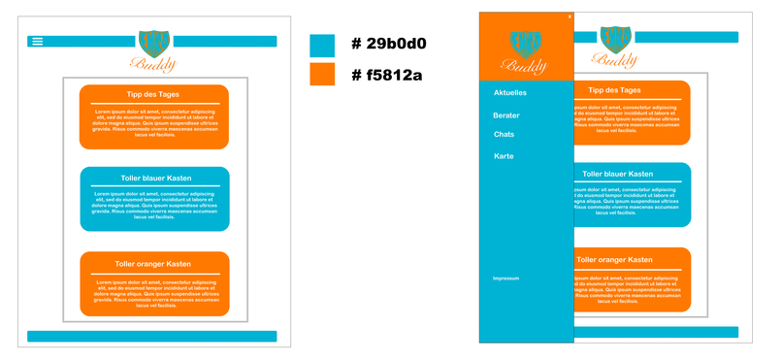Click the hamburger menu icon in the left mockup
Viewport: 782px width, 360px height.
tap(38, 41)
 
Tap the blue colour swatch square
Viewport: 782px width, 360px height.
tap(322, 46)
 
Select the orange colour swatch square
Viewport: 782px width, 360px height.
tap(322, 75)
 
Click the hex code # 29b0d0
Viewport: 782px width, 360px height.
tap(389, 45)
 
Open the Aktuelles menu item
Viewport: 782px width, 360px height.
tap(510, 93)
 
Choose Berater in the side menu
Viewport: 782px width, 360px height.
tap(506, 115)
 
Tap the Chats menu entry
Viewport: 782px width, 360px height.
tap(505, 134)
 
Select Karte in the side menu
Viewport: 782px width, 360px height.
tap(504, 156)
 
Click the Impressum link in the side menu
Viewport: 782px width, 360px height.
tap(506, 278)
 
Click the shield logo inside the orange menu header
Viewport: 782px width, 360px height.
tap(525, 43)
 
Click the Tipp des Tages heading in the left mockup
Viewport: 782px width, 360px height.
tap(153, 94)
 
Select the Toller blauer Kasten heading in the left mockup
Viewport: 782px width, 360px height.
tap(154, 178)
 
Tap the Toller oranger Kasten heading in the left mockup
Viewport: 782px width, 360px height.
tap(153, 264)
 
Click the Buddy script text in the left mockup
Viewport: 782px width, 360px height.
tap(154, 65)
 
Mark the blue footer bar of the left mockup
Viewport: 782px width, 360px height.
tap(152, 337)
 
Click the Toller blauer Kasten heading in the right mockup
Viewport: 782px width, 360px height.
tap(630, 175)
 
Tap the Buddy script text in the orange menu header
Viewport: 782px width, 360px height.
tap(525, 66)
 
